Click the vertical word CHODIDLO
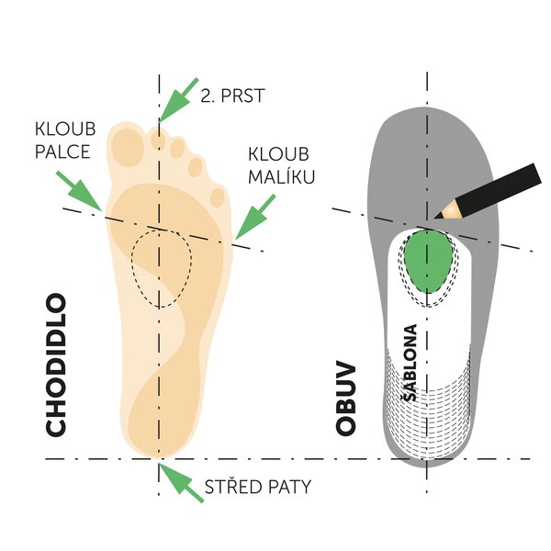[x=56, y=365]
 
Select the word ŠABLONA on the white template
[x=410, y=363]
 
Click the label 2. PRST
[x=232, y=96]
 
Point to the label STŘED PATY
[x=258, y=487]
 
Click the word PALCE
[x=62, y=152]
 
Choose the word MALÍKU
[x=282, y=176]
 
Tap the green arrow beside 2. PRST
[x=178, y=99]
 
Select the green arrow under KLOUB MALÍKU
[x=255, y=217]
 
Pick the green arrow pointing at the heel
[x=181, y=482]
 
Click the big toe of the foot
[x=129, y=144]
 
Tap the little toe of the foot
[x=219, y=197]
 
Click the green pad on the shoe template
[x=428, y=261]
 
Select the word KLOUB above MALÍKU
[x=278, y=154]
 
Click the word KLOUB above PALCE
[x=65, y=129]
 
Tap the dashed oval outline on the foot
[x=132, y=260]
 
